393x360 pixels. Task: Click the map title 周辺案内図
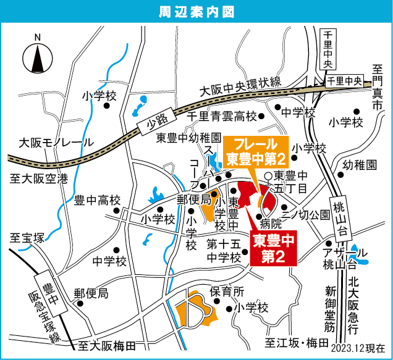pyautogui.click(x=196, y=10)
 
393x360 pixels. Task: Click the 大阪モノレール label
pyautogui.click(x=57, y=142)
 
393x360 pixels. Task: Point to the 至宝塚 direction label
pyautogui.click(x=27, y=237)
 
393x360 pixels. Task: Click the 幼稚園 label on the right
pyautogui.click(x=359, y=165)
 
